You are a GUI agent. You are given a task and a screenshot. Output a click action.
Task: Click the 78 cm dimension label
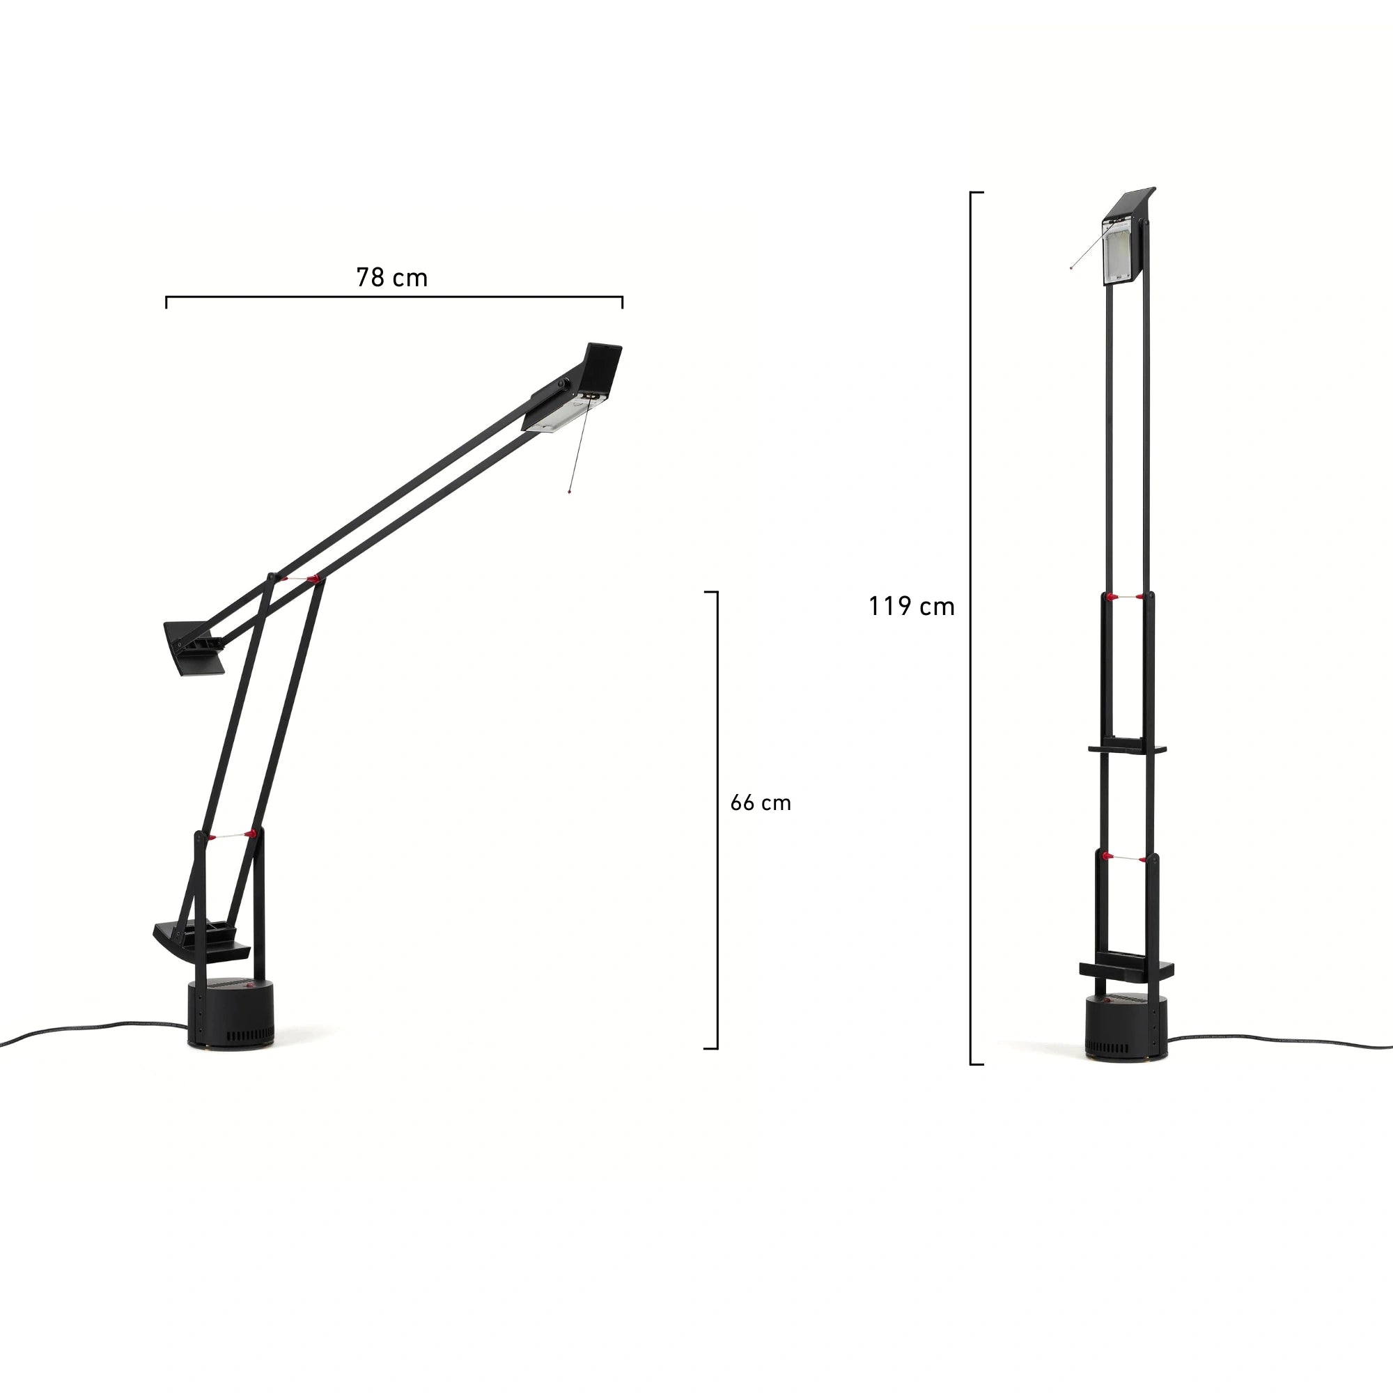click(391, 278)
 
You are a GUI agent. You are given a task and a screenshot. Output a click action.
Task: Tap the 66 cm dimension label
click(761, 803)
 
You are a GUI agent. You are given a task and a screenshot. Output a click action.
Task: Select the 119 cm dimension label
click(911, 607)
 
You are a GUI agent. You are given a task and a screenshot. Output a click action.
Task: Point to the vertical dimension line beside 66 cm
click(717, 820)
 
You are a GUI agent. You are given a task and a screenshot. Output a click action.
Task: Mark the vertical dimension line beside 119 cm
click(971, 628)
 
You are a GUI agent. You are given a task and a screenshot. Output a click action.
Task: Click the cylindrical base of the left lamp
click(231, 1013)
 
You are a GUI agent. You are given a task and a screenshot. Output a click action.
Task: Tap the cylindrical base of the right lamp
click(1127, 1028)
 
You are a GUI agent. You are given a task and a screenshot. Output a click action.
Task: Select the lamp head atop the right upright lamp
click(1126, 238)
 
